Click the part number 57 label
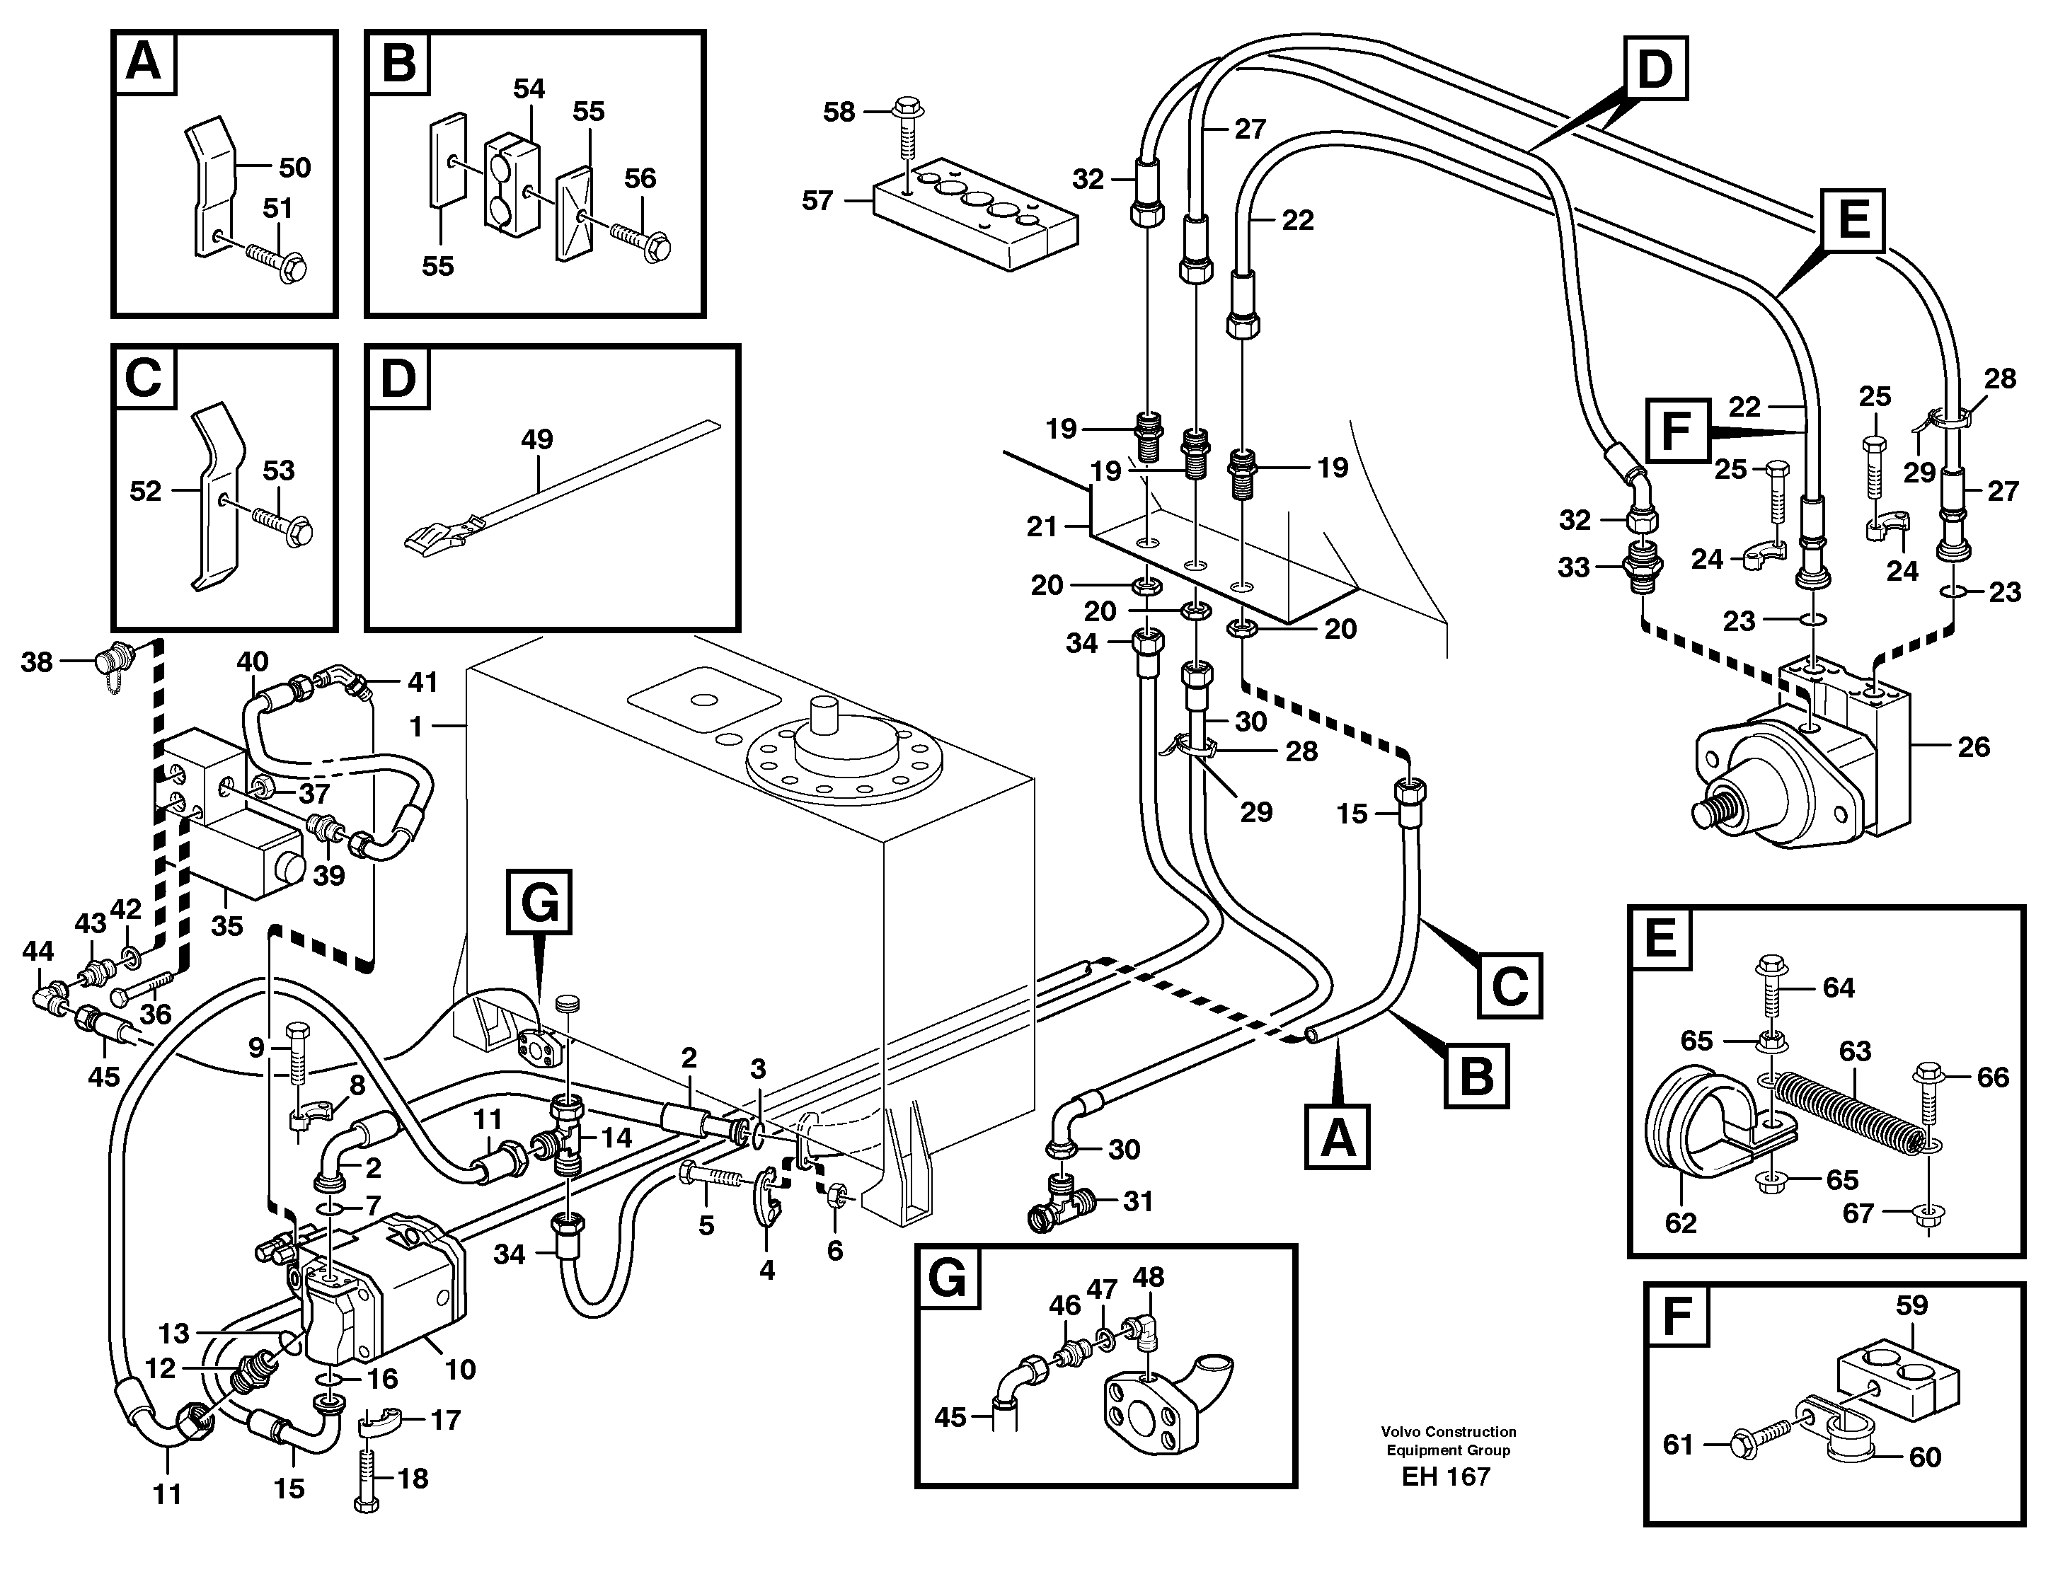tap(817, 200)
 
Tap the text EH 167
tap(1446, 1477)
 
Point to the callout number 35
tap(226, 925)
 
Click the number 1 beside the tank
tap(416, 725)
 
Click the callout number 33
tap(1573, 567)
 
